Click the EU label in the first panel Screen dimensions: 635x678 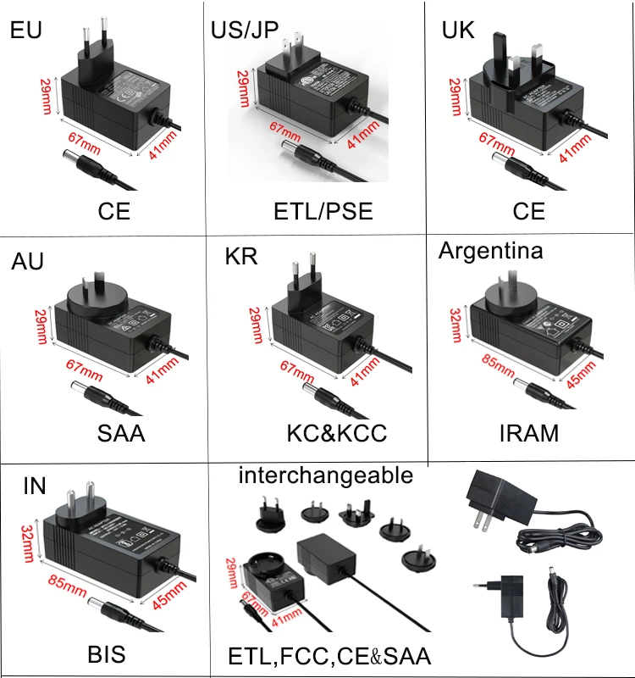click(x=25, y=31)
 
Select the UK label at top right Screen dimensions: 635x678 click(x=458, y=31)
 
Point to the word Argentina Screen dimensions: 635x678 click(x=491, y=250)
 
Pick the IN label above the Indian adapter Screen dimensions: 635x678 click(x=34, y=486)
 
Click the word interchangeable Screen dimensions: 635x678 click(x=326, y=475)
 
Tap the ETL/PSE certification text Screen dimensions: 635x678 click(x=323, y=210)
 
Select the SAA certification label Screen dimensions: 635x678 click(x=120, y=433)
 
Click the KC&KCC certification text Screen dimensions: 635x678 click(x=337, y=433)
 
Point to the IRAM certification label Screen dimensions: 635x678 click(x=527, y=433)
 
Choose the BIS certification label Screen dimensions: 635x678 click(x=106, y=654)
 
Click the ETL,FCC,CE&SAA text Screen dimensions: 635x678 click(x=329, y=656)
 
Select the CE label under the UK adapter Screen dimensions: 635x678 click(x=529, y=210)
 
